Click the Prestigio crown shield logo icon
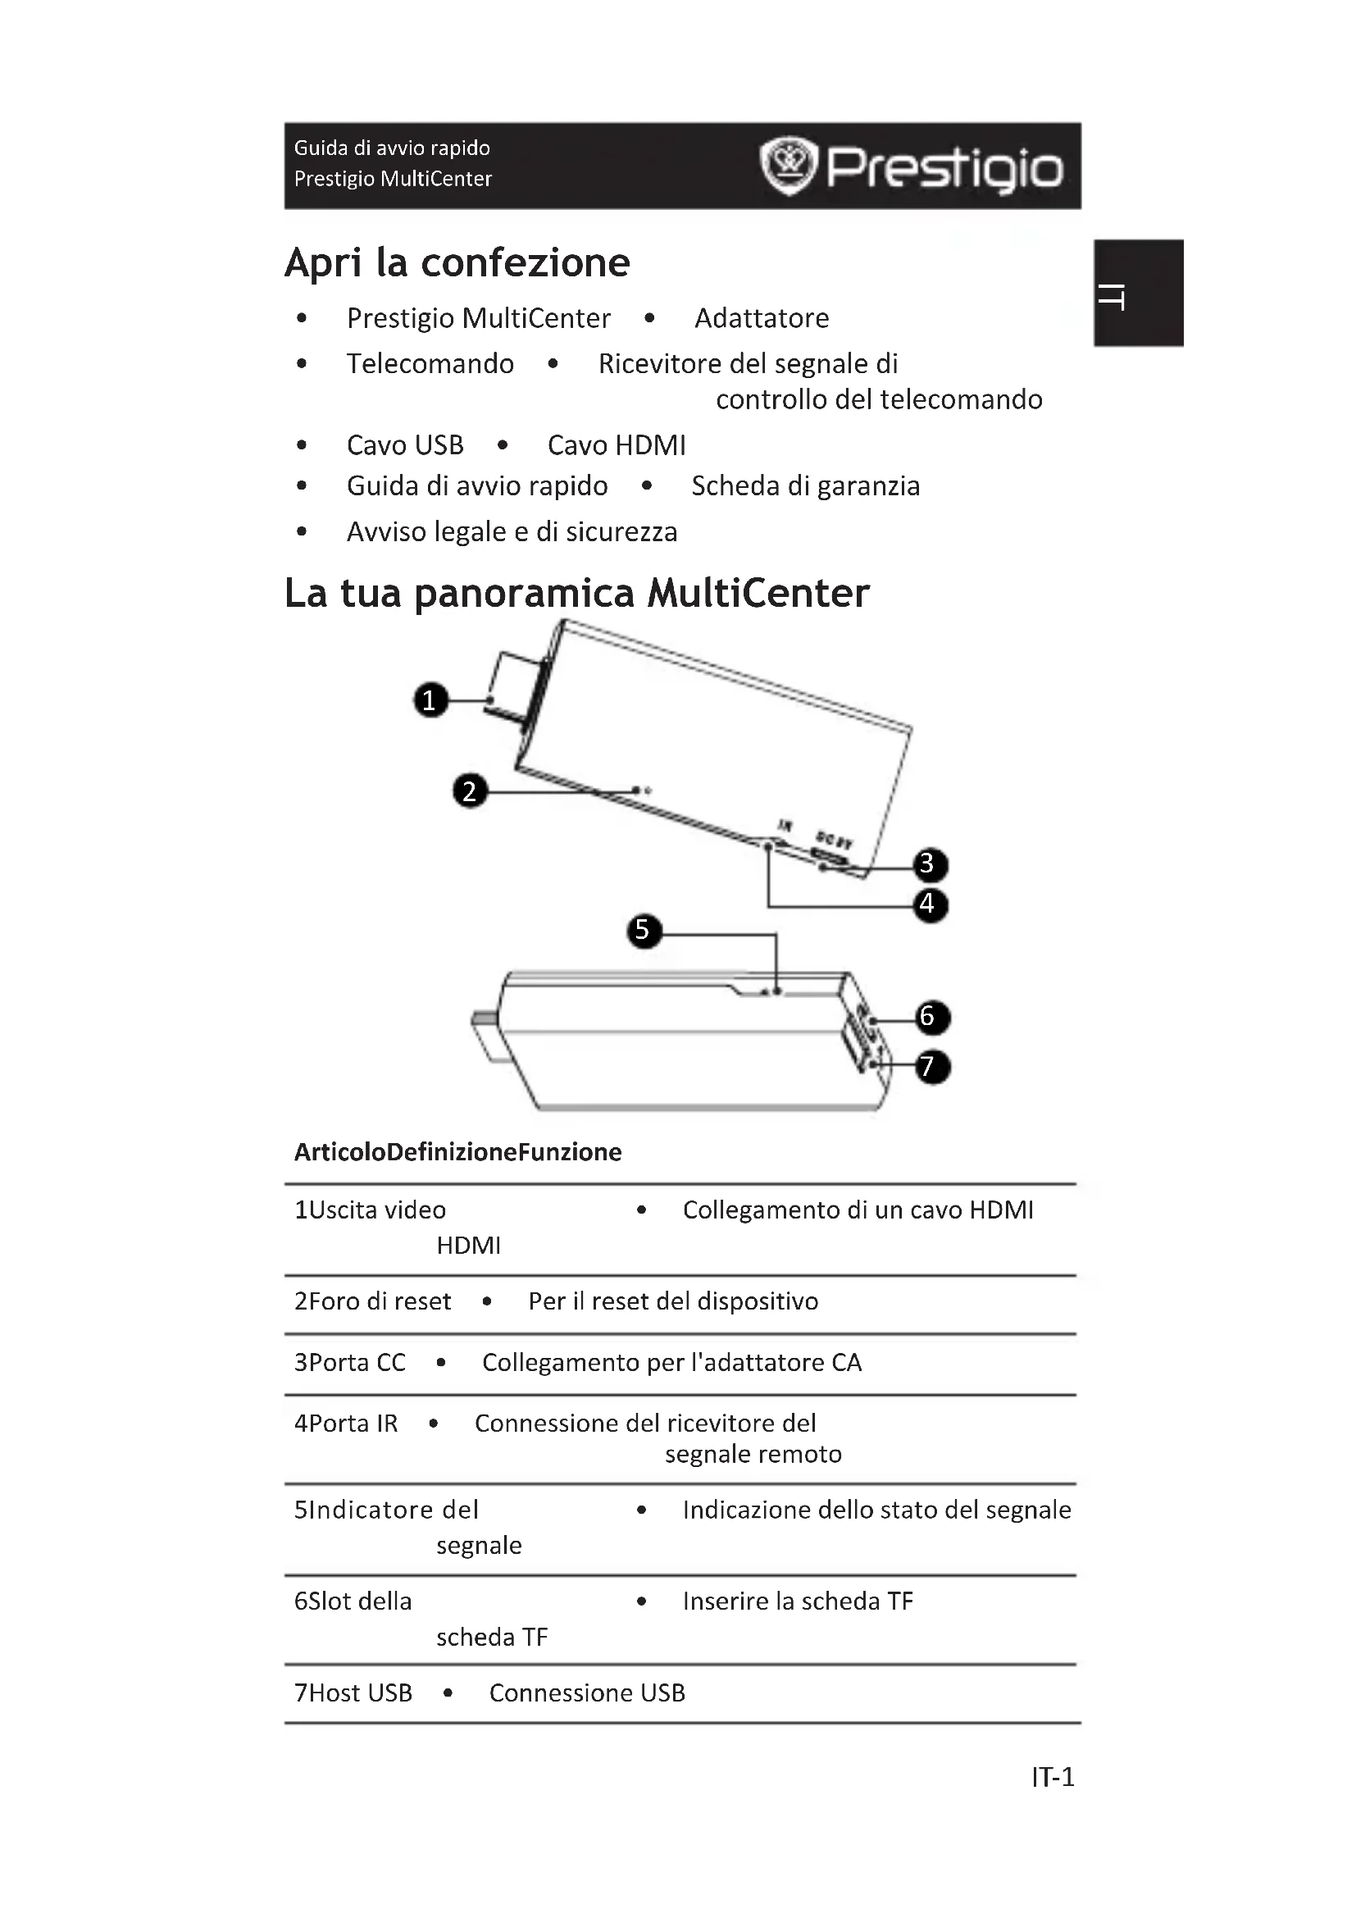coord(787,166)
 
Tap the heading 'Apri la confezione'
coord(457,262)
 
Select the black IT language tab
coord(1140,294)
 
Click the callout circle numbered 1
coord(431,700)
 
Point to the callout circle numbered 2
coord(470,790)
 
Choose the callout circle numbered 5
coord(643,930)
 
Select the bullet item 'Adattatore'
coord(762,318)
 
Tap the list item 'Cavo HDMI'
coord(617,445)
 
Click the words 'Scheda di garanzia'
coord(805,486)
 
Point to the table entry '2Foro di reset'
coord(372,1301)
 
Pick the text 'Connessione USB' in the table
coord(587,1693)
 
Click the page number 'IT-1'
coord(1052,1777)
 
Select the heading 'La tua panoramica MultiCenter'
coord(576,593)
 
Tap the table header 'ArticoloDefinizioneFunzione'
coord(457,1152)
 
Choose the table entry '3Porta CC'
coord(350,1363)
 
